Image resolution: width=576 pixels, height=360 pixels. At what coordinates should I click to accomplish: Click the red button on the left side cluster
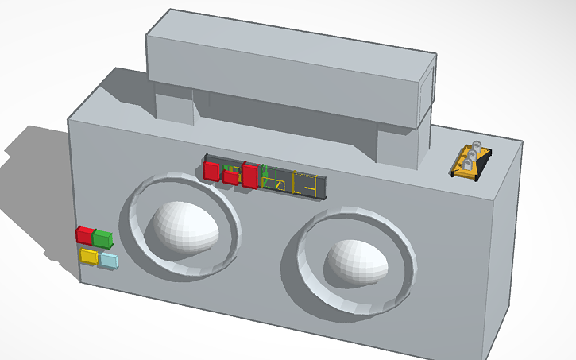click(x=83, y=234)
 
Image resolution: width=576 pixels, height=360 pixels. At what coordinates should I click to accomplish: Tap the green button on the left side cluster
click(x=102, y=238)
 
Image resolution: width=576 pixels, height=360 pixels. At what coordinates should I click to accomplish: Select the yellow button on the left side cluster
click(x=88, y=256)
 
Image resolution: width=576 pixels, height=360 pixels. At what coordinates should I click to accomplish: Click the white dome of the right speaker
click(x=357, y=259)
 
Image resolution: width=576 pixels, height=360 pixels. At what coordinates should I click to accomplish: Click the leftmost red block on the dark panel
click(x=211, y=170)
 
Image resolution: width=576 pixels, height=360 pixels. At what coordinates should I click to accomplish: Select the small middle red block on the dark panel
click(x=230, y=177)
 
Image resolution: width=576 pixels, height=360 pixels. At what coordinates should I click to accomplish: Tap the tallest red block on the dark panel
click(x=249, y=175)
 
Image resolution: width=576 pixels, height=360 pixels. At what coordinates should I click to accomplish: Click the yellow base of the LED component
click(x=465, y=171)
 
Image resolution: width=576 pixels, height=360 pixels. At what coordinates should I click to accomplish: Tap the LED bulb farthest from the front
click(x=476, y=145)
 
